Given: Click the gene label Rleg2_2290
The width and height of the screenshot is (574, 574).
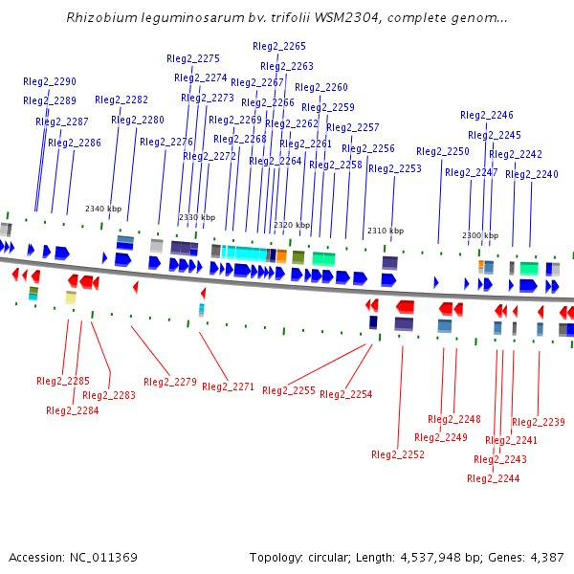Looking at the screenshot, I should coord(50,82).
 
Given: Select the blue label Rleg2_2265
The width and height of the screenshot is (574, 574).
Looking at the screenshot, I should coord(279,46).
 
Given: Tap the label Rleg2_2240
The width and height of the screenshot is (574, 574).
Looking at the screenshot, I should coord(532,174).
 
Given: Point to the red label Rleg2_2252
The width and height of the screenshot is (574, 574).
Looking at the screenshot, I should coord(398,454).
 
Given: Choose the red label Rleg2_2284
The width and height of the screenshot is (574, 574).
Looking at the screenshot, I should coord(73,410).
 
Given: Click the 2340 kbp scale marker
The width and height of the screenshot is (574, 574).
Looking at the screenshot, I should coord(103,209).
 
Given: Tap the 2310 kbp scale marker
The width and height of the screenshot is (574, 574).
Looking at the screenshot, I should coord(386,231).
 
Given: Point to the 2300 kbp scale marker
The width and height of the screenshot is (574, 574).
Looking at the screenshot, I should coord(480,235).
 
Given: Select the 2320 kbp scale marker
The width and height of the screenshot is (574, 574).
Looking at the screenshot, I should coord(292,226).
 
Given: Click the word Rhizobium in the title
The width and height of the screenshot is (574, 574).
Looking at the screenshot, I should coord(99,18).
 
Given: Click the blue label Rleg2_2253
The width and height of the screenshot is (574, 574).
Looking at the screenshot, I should coord(395,169).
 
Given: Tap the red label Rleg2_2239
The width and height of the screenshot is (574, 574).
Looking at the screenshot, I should coord(539,422).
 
